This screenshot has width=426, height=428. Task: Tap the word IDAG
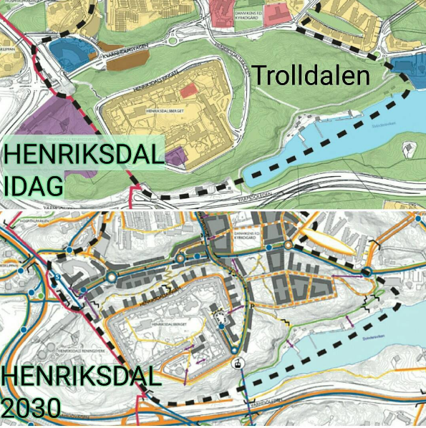coord(34,185)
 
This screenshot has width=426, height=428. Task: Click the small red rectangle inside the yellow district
coord(187,90)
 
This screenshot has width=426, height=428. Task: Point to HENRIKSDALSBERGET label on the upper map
coord(165,112)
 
